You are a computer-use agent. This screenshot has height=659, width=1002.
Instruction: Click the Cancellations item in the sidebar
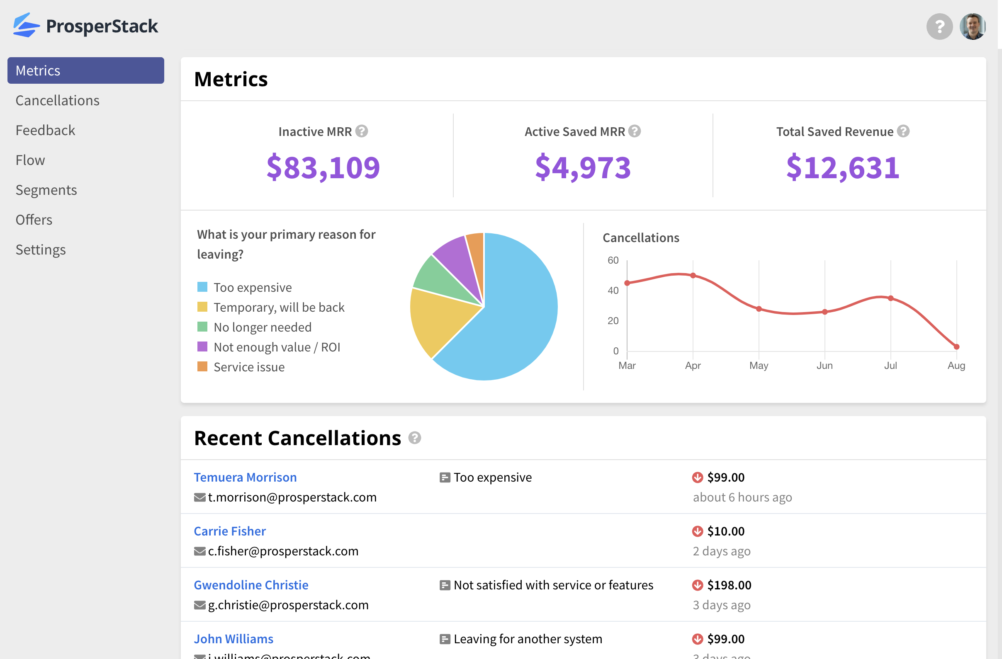coord(57,101)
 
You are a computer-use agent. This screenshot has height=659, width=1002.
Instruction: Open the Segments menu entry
coord(46,190)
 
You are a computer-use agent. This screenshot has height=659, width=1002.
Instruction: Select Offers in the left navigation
coord(34,220)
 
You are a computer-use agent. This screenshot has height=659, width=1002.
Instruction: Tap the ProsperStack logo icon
coord(26,26)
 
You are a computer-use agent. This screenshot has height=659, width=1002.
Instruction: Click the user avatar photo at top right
coord(972,27)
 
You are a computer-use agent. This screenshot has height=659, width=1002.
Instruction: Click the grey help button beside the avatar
coord(939,27)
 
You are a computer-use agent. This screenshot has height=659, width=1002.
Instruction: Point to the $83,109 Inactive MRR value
coord(323,167)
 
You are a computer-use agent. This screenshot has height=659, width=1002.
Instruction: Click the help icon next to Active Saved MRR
coord(634,131)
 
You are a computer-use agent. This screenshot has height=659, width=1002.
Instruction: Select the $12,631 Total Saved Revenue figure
coord(842,167)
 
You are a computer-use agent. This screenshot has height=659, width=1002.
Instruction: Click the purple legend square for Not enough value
coord(202,347)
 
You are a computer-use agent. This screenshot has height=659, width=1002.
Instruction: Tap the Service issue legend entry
coord(249,367)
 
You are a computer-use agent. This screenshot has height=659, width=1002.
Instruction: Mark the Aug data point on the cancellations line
coord(956,347)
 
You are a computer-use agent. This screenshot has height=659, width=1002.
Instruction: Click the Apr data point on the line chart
coord(693,276)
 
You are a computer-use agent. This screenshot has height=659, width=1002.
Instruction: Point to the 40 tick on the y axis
coord(613,291)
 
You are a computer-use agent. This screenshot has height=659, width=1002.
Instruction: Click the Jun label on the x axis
coord(824,366)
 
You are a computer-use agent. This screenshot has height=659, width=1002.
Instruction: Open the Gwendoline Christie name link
coord(251,585)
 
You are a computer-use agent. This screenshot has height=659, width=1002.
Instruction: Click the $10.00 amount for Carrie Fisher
coord(725,531)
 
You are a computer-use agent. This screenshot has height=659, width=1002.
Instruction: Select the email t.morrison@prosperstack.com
coord(292,497)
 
